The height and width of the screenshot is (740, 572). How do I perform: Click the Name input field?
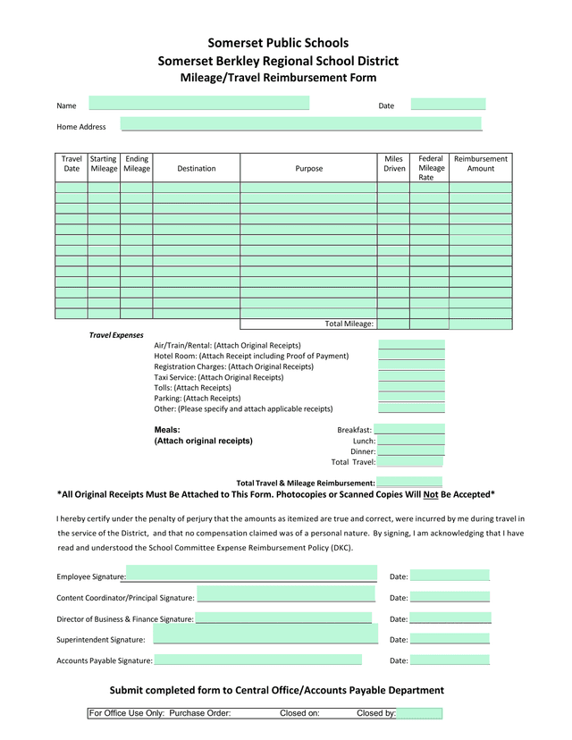pyautogui.click(x=198, y=104)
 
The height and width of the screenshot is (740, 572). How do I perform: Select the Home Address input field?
pyautogui.click(x=301, y=124)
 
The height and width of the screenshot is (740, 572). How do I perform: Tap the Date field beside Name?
pyautogui.click(x=448, y=105)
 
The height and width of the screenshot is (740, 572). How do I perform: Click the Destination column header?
pyautogui.click(x=196, y=168)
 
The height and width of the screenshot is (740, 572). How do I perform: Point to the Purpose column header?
pyautogui.click(x=308, y=168)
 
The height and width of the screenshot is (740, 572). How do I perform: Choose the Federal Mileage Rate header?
pyautogui.click(x=431, y=168)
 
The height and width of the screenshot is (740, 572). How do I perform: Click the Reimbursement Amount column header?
pyautogui.click(x=480, y=164)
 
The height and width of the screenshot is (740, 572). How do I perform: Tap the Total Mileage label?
pyautogui.click(x=349, y=324)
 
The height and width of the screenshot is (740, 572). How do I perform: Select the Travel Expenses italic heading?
pyautogui.click(x=116, y=335)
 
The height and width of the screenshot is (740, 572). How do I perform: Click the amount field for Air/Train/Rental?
pyautogui.click(x=411, y=345)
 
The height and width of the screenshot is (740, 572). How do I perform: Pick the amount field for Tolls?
pyautogui.click(x=411, y=388)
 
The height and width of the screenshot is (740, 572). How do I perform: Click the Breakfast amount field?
pyautogui.click(x=409, y=430)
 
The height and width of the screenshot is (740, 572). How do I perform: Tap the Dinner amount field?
pyautogui.click(x=410, y=451)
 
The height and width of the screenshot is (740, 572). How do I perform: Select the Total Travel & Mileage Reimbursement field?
pyautogui.click(x=409, y=483)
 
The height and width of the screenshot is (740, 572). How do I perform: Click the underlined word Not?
pyautogui.click(x=431, y=494)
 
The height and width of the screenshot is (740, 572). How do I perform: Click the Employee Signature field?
pyautogui.click(x=251, y=574)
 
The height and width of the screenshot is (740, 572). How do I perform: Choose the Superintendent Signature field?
pyautogui.click(x=265, y=635)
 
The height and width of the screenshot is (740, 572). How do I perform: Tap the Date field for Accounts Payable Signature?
pyautogui.click(x=450, y=660)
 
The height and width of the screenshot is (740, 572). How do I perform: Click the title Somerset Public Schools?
pyautogui.click(x=278, y=43)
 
